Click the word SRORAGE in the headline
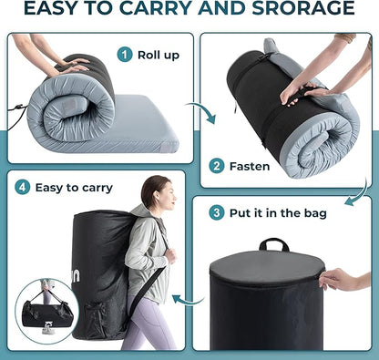tap(303, 8)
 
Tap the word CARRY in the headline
tap(157, 8)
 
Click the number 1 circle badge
tap(125, 55)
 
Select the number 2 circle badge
tap(217, 166)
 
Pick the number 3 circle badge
tap(217, 212)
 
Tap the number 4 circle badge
tap(23, 187)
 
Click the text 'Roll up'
tap(159, 56)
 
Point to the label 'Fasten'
tap(250, 167)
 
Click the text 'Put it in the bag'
tap(278, 213)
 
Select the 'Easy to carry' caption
tap(74, 188)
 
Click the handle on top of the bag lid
tap(274, 244)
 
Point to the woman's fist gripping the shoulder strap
tap(171, 256)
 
